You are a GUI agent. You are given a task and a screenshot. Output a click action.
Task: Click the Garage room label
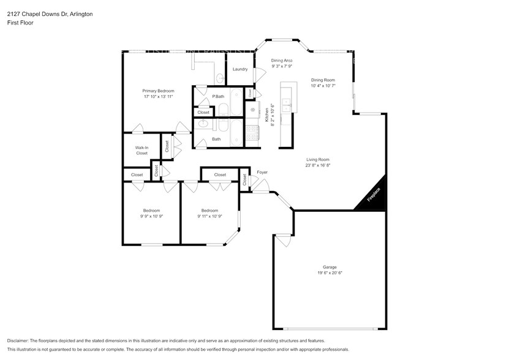(330, 267)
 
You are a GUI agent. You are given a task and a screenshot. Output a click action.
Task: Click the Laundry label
(239, 69)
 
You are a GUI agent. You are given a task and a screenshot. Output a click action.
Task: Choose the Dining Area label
(282, 61)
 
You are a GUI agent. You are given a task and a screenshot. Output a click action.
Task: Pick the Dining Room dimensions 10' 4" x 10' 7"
(323, 86)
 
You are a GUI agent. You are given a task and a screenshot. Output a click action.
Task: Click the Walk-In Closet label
(141, 150)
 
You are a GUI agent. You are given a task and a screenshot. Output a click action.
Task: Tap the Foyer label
(262, 172)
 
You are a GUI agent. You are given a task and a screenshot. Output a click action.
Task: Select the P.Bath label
(218, 97)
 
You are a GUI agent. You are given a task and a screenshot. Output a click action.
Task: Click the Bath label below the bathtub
(216, 139)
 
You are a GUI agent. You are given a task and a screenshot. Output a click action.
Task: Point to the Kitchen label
(267, 116)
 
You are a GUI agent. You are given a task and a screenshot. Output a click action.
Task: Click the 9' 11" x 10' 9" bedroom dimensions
(209, 216)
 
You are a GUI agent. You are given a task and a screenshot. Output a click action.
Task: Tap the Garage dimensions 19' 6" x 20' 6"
(330, 273)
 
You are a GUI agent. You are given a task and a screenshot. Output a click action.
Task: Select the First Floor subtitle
(20, 23)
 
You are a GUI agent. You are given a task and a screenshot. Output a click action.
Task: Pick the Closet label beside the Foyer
(244, 179)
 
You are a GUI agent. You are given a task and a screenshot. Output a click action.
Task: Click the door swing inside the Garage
(283, 242)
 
